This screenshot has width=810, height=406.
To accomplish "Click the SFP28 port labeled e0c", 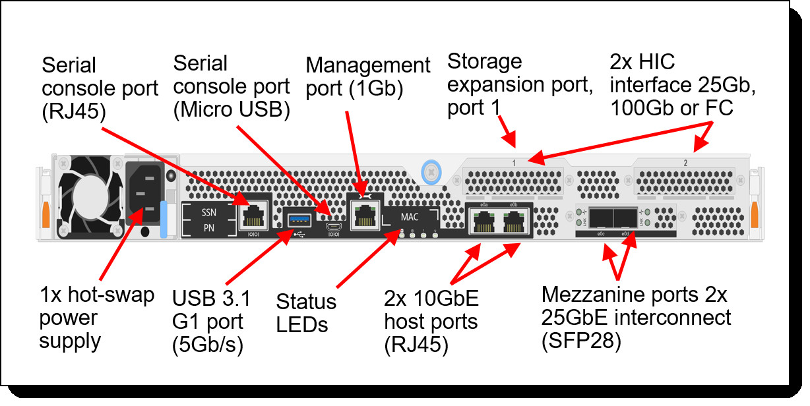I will [602, 219].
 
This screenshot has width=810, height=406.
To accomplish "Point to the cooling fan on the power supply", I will [88, 196].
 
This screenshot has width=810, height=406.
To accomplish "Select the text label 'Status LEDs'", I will [306, 312].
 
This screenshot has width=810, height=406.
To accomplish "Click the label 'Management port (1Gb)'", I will [367, 76].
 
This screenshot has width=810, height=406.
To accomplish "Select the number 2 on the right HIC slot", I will [685, 163].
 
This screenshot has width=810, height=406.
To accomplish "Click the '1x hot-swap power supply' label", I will [97, 318].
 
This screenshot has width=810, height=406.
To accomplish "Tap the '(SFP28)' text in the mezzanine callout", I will [580, 341].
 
